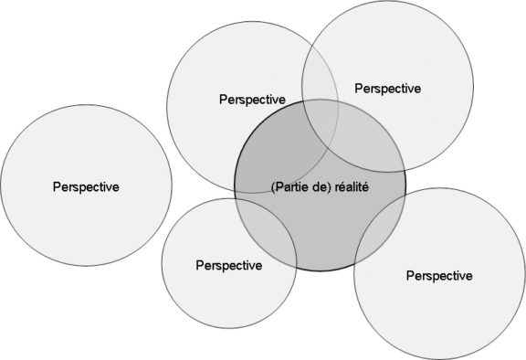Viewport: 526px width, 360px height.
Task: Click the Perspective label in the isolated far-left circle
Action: [x=86, y=185]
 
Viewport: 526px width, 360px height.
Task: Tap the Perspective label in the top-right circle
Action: [x=387, y=89]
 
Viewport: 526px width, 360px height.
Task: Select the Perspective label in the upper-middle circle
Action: [x=253, y=99]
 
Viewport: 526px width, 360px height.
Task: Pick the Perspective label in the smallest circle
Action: [x=228, y=265]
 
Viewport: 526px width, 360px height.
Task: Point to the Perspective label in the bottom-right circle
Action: [x=439, y=274]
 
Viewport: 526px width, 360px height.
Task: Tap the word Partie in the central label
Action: [x=291, y=186]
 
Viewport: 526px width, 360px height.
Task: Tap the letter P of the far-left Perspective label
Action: [x=57, y=185]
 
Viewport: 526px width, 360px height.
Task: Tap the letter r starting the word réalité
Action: [x=334, y=186]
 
